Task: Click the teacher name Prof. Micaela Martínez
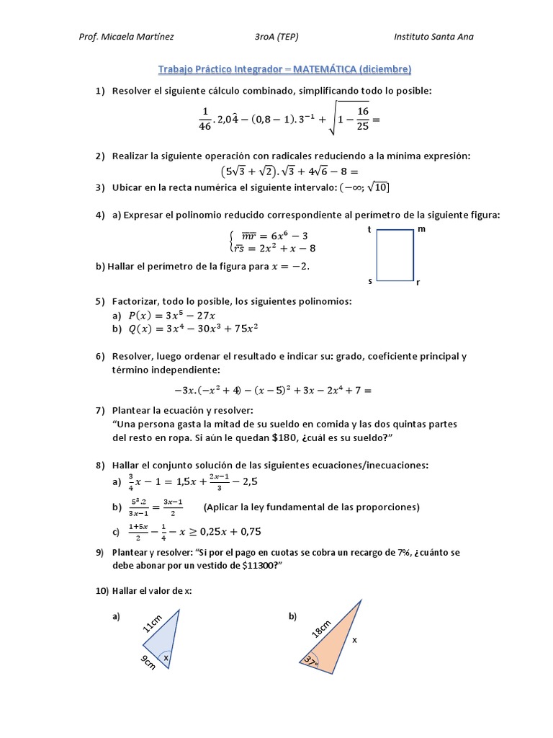(x=126, y=37)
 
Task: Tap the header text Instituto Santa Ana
(x=434, y=37)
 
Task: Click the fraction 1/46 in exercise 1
(x=204, y=118)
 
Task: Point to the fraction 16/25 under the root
(x=362, y=118)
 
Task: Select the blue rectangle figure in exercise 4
(x=395, y=255)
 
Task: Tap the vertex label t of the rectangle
(x=369, y=229)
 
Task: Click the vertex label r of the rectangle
(x=418, y=283)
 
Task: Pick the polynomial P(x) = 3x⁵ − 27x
(x=172, y=315)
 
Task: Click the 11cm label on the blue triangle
(x=152, y=621)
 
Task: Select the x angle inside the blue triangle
(x=165, y=657)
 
